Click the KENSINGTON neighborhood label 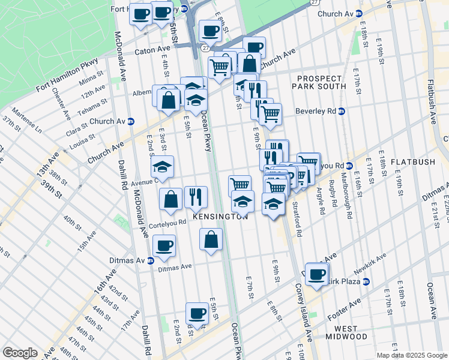click(x=220, y=217)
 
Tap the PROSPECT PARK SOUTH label click(x=322, y=82)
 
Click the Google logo click(x=20, y=352)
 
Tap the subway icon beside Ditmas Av click(x=151, y=260)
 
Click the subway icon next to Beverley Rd click(x=342, y=111)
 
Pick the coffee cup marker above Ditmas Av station click(x=164, y=245)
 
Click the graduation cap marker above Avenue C click(x=162, y=166)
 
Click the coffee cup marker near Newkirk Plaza click(x=317, y=274)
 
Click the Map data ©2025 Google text click(x=412, y=355)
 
